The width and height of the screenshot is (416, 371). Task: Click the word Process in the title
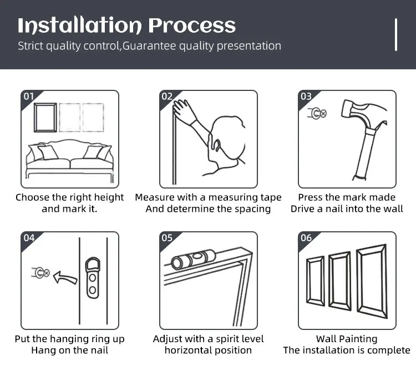pos(192,26)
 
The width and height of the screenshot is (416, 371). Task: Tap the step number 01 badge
pos(29,96)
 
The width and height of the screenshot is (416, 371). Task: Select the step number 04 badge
pos(29,237)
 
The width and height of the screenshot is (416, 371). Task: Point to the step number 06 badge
pos(306,237)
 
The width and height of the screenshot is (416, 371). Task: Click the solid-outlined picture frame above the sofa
pos(35,118)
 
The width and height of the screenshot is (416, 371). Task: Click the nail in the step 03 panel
pos(317,114)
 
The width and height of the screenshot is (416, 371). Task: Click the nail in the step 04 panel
pos(40,273)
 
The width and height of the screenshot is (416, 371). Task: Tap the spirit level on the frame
pos(193,258)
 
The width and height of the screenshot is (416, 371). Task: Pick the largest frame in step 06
pos(358,281)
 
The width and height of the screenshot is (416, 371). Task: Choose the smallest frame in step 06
pos(308,281)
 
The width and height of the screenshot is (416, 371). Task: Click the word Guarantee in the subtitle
pos(149,46)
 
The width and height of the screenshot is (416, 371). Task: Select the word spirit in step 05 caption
pos(228,339)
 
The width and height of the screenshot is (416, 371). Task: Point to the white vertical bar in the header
pos(396,34)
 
